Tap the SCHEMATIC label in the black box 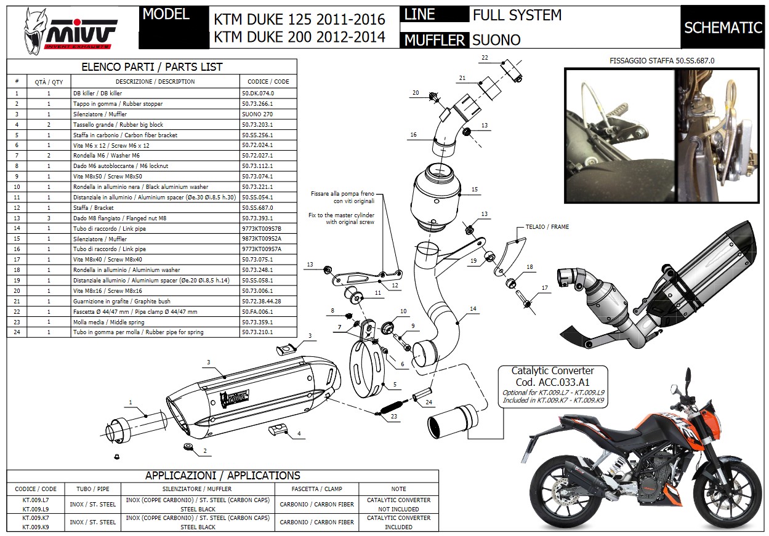tap(723, 28)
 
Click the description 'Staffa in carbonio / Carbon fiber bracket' tap(125, 135)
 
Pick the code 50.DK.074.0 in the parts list tap(258, 94)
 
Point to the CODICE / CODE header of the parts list tap(268, 81)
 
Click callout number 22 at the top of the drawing tap(485, 58)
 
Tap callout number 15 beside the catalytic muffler tap(475, 190)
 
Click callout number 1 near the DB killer tap(131, 402)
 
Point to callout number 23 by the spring tap(394, 417)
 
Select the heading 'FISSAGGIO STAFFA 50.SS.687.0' tap(662, 61)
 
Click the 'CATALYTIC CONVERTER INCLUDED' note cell tap(398, 522)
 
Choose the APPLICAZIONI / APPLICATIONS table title tap(222, 475)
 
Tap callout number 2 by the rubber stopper tap(203, 451)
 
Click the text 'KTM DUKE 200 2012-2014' tap(299, 37)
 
